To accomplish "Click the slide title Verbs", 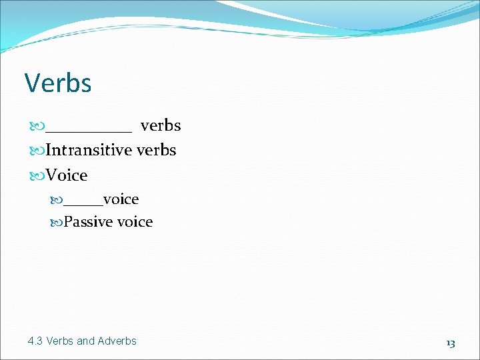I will pos(58,83).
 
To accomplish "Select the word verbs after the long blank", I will pos(160,125).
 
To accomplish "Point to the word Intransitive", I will pos(89,151).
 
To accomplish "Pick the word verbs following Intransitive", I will pos(156,151).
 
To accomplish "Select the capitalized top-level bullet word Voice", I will pos(67,176).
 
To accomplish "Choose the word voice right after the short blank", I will pos(121,199).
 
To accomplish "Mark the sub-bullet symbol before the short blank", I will pos(56,200).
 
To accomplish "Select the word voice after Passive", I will pos(135,222).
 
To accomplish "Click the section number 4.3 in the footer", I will pos(35,341).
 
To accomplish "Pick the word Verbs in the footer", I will pos(60,341).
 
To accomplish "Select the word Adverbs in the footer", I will pos(117,341).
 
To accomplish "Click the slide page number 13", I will pos(450,343).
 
